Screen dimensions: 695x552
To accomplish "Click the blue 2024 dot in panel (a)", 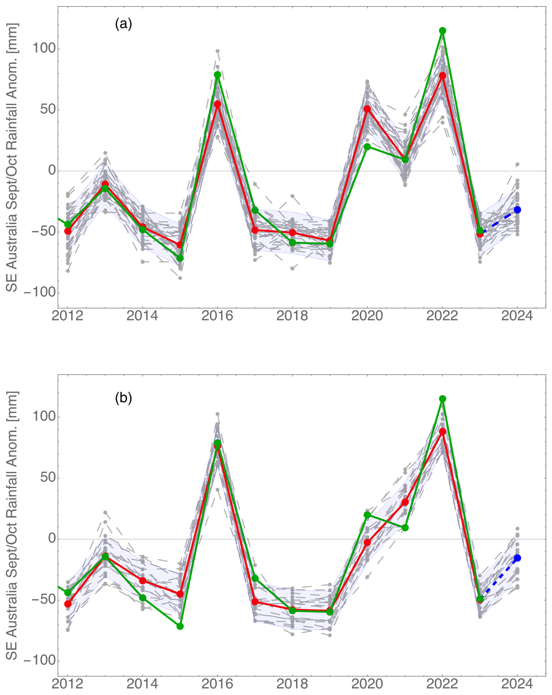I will coord(517,210).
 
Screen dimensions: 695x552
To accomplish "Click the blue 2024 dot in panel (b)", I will coord(517,558).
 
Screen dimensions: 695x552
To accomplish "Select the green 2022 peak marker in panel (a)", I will coord(442,31).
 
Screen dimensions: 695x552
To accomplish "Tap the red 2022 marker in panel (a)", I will coord(442,75).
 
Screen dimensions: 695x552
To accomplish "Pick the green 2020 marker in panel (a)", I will coord(367,147).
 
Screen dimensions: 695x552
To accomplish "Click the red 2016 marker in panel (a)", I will coord(217,104).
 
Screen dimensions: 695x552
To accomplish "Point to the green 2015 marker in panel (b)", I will coord(180,626).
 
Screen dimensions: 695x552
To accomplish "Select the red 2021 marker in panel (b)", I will coord(405,502).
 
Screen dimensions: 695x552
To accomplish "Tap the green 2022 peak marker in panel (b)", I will coord(442,399).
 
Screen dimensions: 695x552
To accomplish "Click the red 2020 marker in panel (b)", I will coord(367,542).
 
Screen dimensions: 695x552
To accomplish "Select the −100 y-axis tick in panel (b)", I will coord(40,661).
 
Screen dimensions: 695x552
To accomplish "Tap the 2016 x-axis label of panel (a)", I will coord(217,315).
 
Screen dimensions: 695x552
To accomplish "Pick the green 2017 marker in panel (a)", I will coord(255,210).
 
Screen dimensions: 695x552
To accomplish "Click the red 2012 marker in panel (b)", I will coord(68,604).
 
